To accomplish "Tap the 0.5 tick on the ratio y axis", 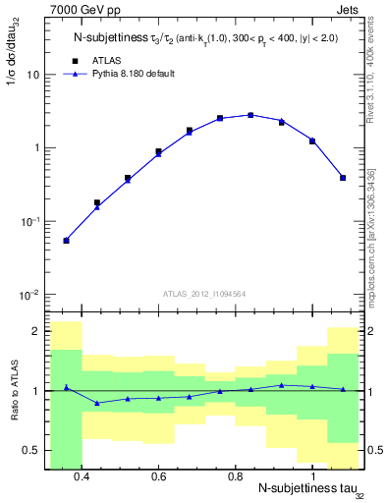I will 29,451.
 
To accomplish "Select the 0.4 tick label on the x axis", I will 82,476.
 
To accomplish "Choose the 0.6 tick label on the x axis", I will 158,476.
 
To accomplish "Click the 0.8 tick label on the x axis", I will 235,476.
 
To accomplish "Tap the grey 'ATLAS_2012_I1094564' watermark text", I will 204,293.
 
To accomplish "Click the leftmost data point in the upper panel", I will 66,240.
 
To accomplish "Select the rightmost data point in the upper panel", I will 343,178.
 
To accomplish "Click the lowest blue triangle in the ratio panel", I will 96,403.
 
